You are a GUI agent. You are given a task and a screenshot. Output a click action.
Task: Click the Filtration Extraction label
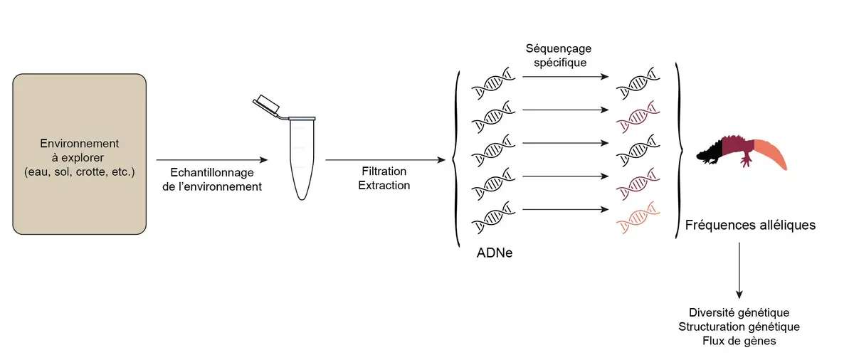click(x=384, y=179)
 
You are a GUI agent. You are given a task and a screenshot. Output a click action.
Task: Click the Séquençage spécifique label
click(x=559, y=55)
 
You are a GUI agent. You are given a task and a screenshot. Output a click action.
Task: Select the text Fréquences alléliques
click(x=749, y=226)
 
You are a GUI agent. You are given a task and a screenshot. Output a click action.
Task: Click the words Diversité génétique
click(x=739, y=312)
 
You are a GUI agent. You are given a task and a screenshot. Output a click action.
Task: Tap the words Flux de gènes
click(x=739, y=341)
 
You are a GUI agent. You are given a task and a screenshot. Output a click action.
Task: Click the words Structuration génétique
click(x=739, y=327)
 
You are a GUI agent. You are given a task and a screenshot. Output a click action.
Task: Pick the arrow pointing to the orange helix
click(x=566, y=209)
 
